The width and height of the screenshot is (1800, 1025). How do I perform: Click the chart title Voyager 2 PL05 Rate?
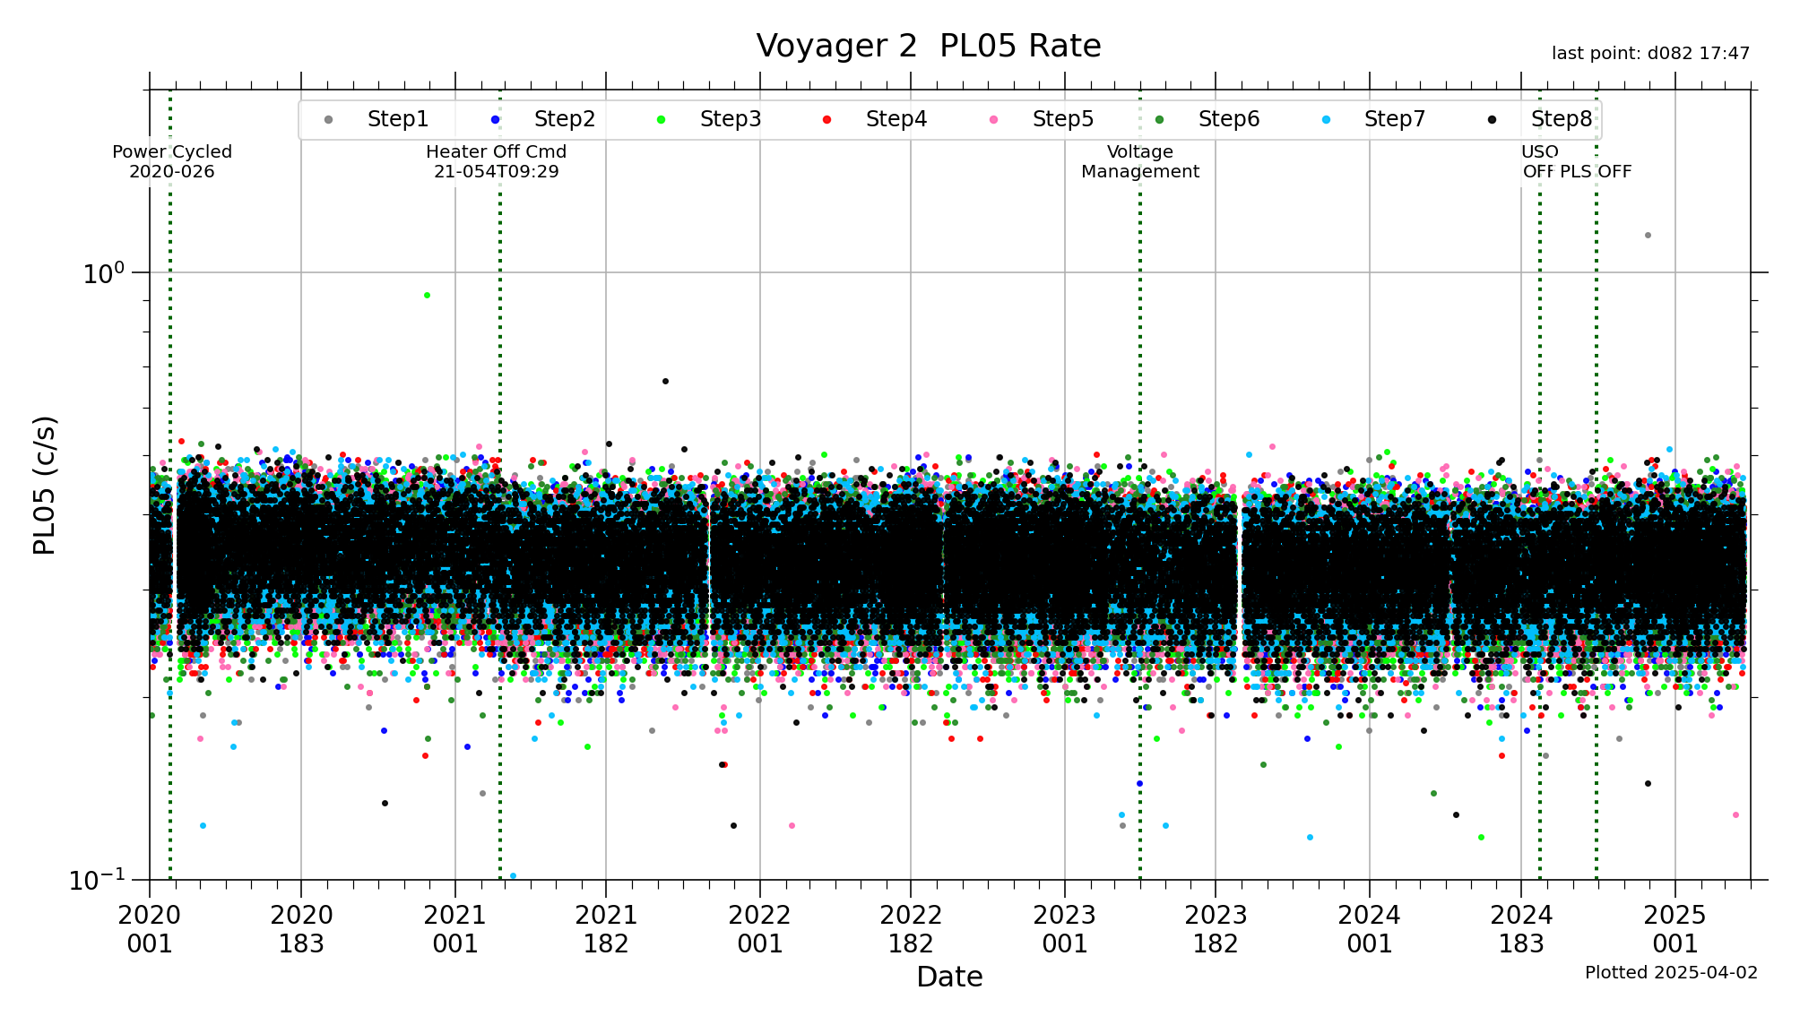pos(928,46)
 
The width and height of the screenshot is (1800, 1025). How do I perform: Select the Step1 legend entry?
pos(397,119)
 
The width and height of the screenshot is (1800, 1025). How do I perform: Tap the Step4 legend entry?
pos(896,119)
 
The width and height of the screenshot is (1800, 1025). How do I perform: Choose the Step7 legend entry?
pos(1394,119)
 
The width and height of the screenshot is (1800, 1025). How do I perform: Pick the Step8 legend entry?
pos(1561,119)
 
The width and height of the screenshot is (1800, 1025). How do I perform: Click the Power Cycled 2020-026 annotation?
pos(172,161)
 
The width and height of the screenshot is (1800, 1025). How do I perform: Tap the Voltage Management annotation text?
pos(1139,161)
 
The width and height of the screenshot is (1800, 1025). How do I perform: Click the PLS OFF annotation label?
pos(1596,171)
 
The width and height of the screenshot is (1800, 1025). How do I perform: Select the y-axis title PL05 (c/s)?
pos(45,485)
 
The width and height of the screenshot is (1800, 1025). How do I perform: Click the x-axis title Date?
pos(949,976)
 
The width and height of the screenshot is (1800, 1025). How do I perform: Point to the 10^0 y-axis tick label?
pos(104,273)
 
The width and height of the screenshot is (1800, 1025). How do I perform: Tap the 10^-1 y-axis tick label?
pos(97,879)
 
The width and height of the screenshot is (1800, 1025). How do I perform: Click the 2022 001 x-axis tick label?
pos(759,929)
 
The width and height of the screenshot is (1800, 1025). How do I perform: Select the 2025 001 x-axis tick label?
pos(1675,929)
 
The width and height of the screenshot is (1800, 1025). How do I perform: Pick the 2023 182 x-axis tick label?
pos(1216,929)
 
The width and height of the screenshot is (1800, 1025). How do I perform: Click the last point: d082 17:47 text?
pos(1650,54)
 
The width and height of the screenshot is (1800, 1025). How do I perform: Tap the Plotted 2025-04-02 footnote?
pos(1671,972)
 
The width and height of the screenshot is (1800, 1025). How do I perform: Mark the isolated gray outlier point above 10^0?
pos(1648,236)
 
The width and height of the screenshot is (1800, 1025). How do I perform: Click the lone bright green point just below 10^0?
pos(427,295)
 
